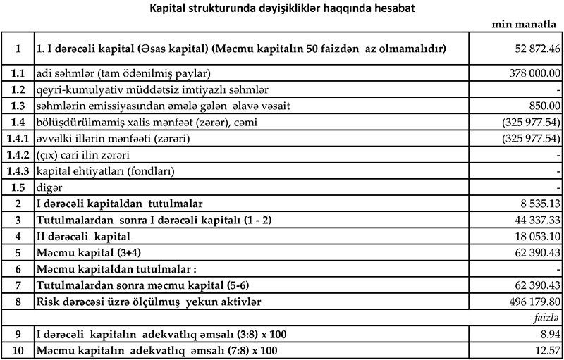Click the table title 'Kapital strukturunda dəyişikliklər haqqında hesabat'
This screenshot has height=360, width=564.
[x=281, y=8]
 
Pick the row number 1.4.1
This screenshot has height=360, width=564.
[x=17, y=138]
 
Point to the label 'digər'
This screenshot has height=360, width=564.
[x=47, y=187]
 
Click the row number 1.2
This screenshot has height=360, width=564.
[x=17, y=89]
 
